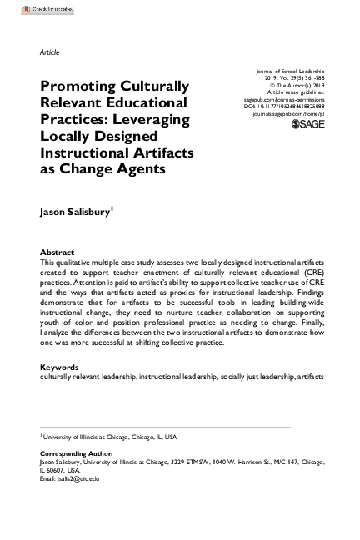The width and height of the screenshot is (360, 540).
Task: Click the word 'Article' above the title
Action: pos(49,52)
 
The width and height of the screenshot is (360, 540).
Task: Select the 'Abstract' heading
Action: pos(57,252)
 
